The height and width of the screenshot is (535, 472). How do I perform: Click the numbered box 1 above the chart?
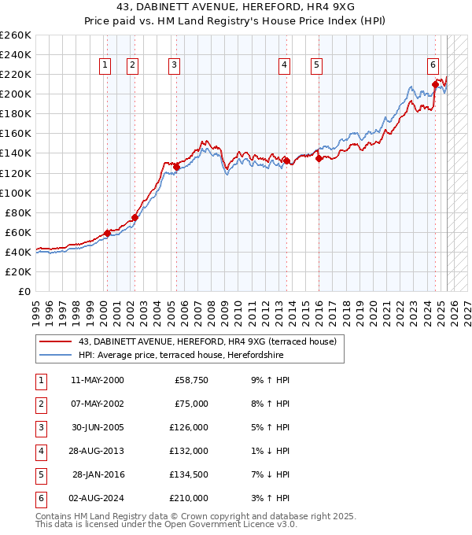coord(105,66)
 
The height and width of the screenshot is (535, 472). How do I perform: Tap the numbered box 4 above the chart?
coord(283,66)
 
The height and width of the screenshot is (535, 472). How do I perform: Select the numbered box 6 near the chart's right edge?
coord(433,66)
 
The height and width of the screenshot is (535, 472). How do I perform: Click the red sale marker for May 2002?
coord(135,217)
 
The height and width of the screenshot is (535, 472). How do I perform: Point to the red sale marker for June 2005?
coord(177,167)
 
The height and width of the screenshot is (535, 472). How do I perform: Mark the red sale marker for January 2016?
coord(319,158)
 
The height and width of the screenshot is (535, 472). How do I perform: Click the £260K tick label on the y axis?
coord(16,35)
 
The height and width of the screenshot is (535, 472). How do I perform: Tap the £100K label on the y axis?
coord(16,193)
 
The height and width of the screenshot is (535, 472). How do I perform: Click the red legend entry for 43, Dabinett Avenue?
coord(207,341)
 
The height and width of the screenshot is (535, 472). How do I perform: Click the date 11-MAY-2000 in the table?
coord(98,380)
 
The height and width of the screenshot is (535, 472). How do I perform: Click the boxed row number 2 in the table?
coord(39,404)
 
